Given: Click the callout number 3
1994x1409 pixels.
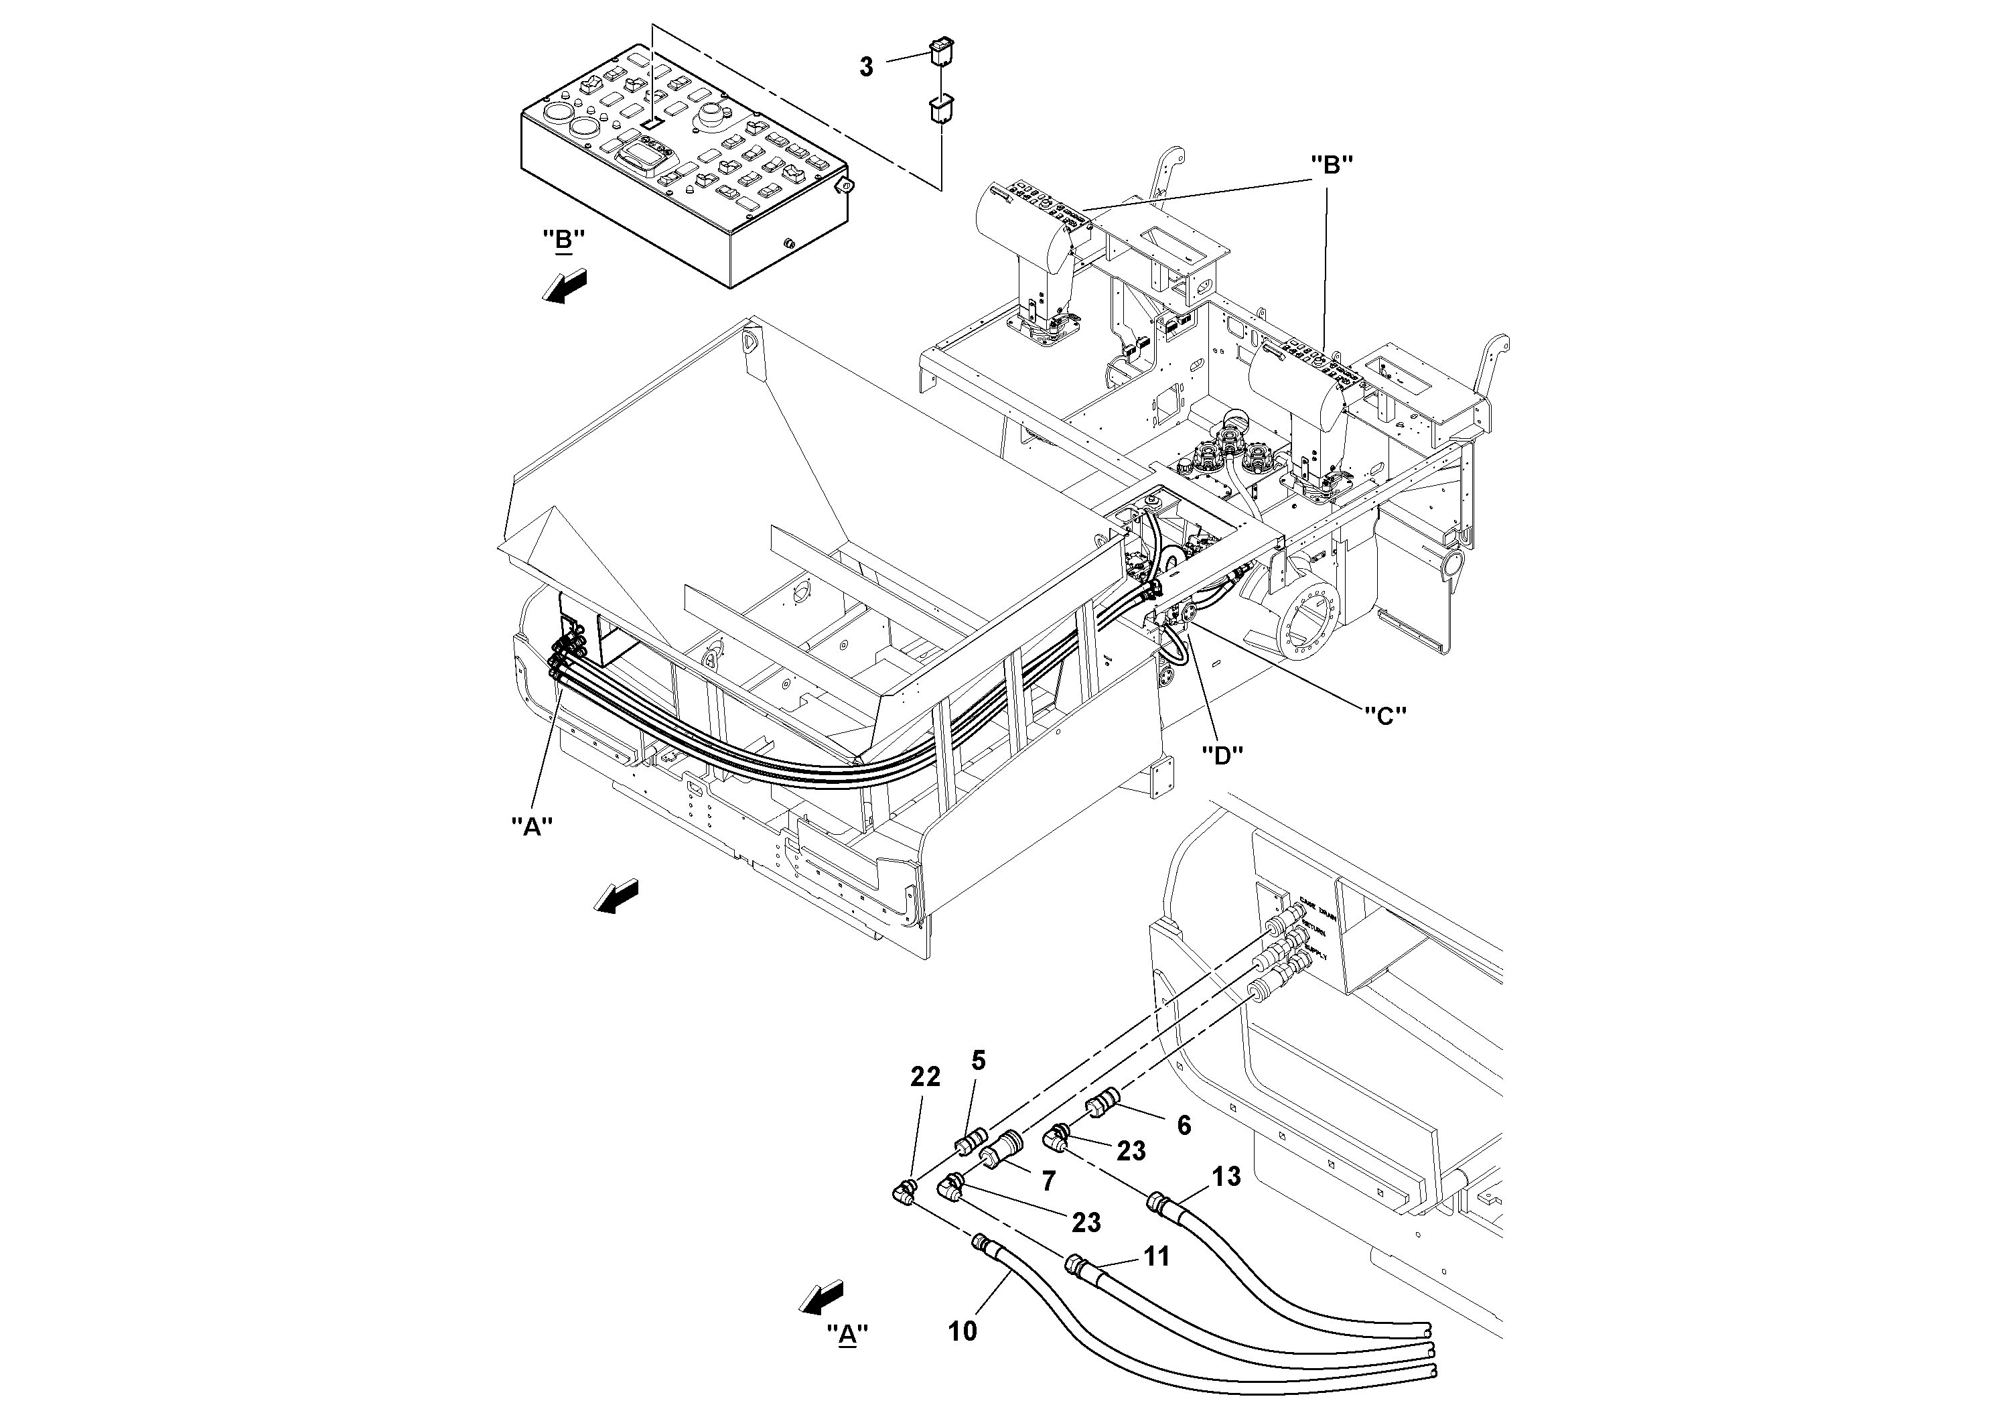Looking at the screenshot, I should click(x=866, y=67).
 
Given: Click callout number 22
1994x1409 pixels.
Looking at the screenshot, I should click(x=925, y=1077).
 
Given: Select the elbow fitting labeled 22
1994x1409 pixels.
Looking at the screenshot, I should click(x=905, y=1192).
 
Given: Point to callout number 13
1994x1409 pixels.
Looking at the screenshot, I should click(x=1226, y=1177).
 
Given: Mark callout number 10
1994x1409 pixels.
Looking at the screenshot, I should click(x=963, y=1331).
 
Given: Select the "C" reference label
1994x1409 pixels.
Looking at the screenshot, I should click(x=1385, y=715).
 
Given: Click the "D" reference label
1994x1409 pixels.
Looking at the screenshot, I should click(x=1222, y=756).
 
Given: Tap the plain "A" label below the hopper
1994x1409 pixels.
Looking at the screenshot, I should click(x=532, y=827).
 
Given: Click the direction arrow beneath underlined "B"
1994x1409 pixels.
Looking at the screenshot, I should click(x=565, y=287).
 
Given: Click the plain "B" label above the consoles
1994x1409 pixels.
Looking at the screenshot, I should click(x=1332, y=165).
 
